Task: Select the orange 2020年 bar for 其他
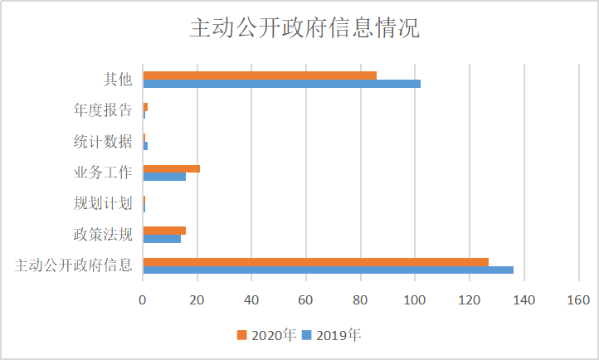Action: [260, 75]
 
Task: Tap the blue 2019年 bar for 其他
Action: [281, 84]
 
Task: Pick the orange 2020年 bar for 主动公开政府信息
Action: [315, 262]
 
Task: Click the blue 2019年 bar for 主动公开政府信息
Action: [328, 270]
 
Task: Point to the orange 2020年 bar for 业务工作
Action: [172, 168]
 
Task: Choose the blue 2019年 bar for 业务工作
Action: [164, 177]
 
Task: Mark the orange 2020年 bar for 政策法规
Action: [164, 231]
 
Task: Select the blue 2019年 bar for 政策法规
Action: [162, 239]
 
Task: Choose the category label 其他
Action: [117, 80]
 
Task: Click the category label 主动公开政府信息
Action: [74, 266]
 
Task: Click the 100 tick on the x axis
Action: [415, 300]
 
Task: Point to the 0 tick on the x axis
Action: [143, 300]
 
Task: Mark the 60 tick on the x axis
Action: [306, 300]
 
